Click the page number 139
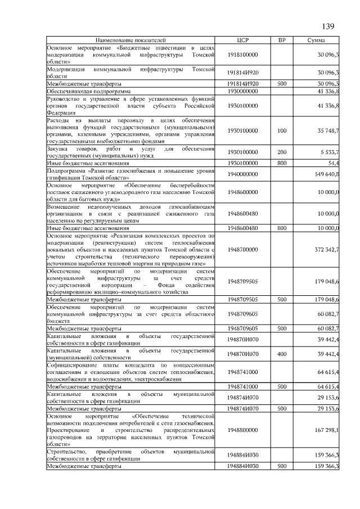pyautogui.click(x=328, y=26)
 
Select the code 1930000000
pyautogui.click(x=243, y=91)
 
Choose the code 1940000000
pyautogui.click(x=243, y=174)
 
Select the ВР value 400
pyautogui.click(x=282, y=354)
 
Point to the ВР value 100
pyautogui.click(x=282, y=130)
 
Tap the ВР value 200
pyautogui.click(x=282, y=152)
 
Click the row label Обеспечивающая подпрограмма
pyautogui.click(x=89, y=91)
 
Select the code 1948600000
pyautogui.click(x=243, y=192)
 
